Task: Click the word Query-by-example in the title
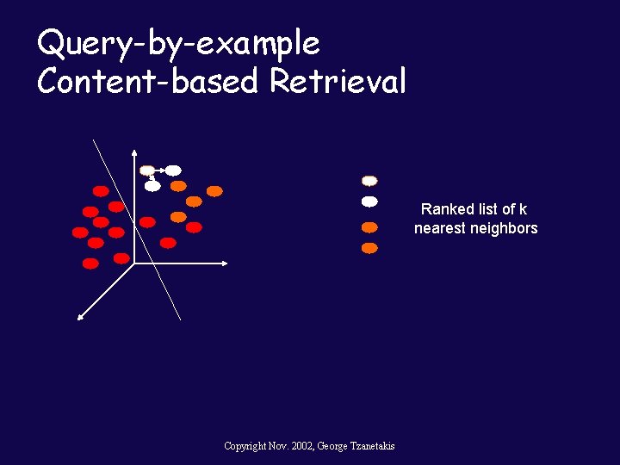(x=178, y=43)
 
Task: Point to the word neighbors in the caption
(x=506, y=228)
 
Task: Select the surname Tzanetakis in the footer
(x=369, y=445)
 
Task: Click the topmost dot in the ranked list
(x=369, y=181)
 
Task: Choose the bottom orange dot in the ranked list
(x=369, y=248)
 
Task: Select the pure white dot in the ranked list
(x=369, y=201)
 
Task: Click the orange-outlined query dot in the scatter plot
(x=147, y=170)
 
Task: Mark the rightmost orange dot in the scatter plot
(x=214, y=191)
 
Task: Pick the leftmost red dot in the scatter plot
(x=80, y=232)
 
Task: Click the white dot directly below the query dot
(x=152, y=185)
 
